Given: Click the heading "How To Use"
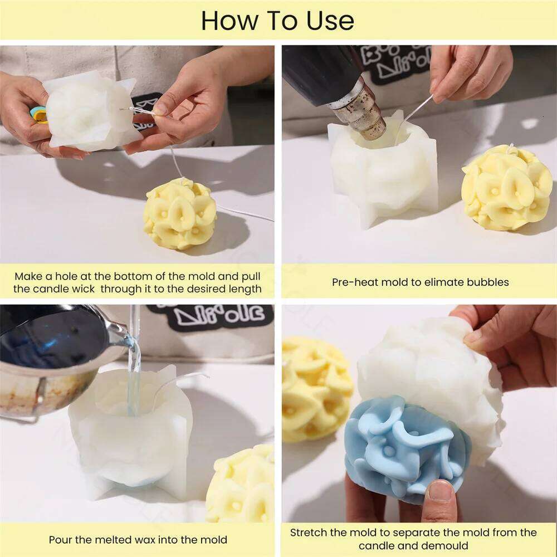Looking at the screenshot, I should click(x=277, y=21).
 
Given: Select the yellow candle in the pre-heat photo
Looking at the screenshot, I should click(x=506, y=187).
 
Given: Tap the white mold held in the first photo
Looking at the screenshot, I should click(x=89, y=111).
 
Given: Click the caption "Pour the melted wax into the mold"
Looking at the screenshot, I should click(x=138, y=539).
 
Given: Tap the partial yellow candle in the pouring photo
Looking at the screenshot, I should click(x=242, y=485).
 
